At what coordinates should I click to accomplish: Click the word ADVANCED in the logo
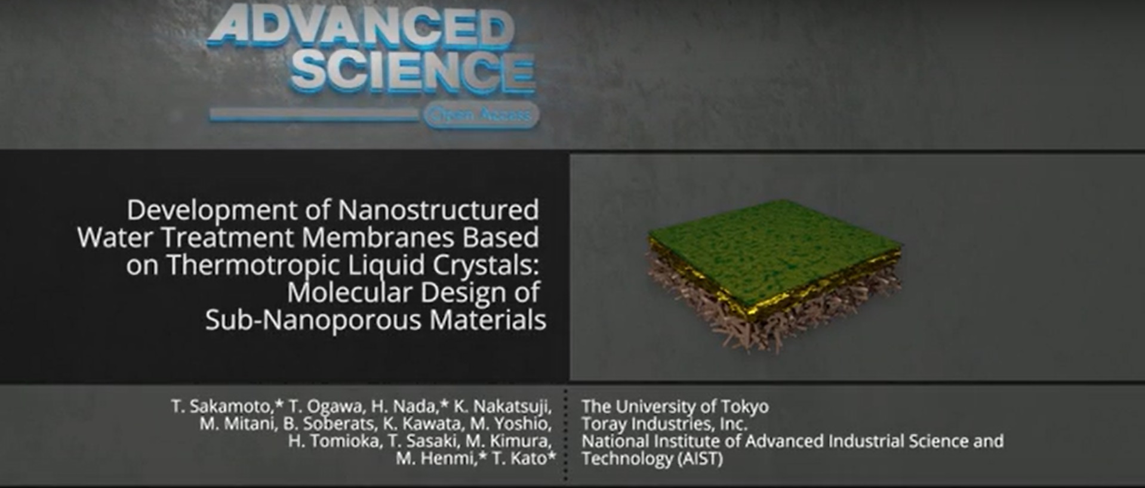(361, 27)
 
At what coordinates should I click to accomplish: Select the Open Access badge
(481, 115)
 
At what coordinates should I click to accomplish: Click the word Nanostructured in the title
(438, 210)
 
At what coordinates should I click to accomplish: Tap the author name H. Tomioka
(333, 441)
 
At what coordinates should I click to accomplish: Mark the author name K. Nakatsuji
(503, 407)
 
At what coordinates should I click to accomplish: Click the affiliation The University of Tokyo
(675, 407)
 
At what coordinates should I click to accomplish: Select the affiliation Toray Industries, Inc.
(664, 424)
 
